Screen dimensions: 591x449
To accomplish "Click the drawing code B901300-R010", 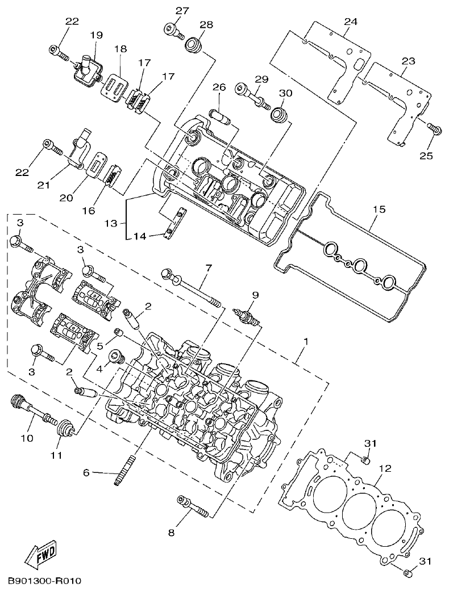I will tap(45, 581).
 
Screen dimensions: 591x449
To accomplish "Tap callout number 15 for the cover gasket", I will tap(379, 209).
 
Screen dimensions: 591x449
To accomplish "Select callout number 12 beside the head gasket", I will tap(385, 468).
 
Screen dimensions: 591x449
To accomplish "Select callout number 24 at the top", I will tap(351, 22).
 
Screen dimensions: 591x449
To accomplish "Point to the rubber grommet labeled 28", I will tap(194, 44).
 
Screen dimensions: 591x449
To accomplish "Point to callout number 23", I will tap(408, 61).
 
